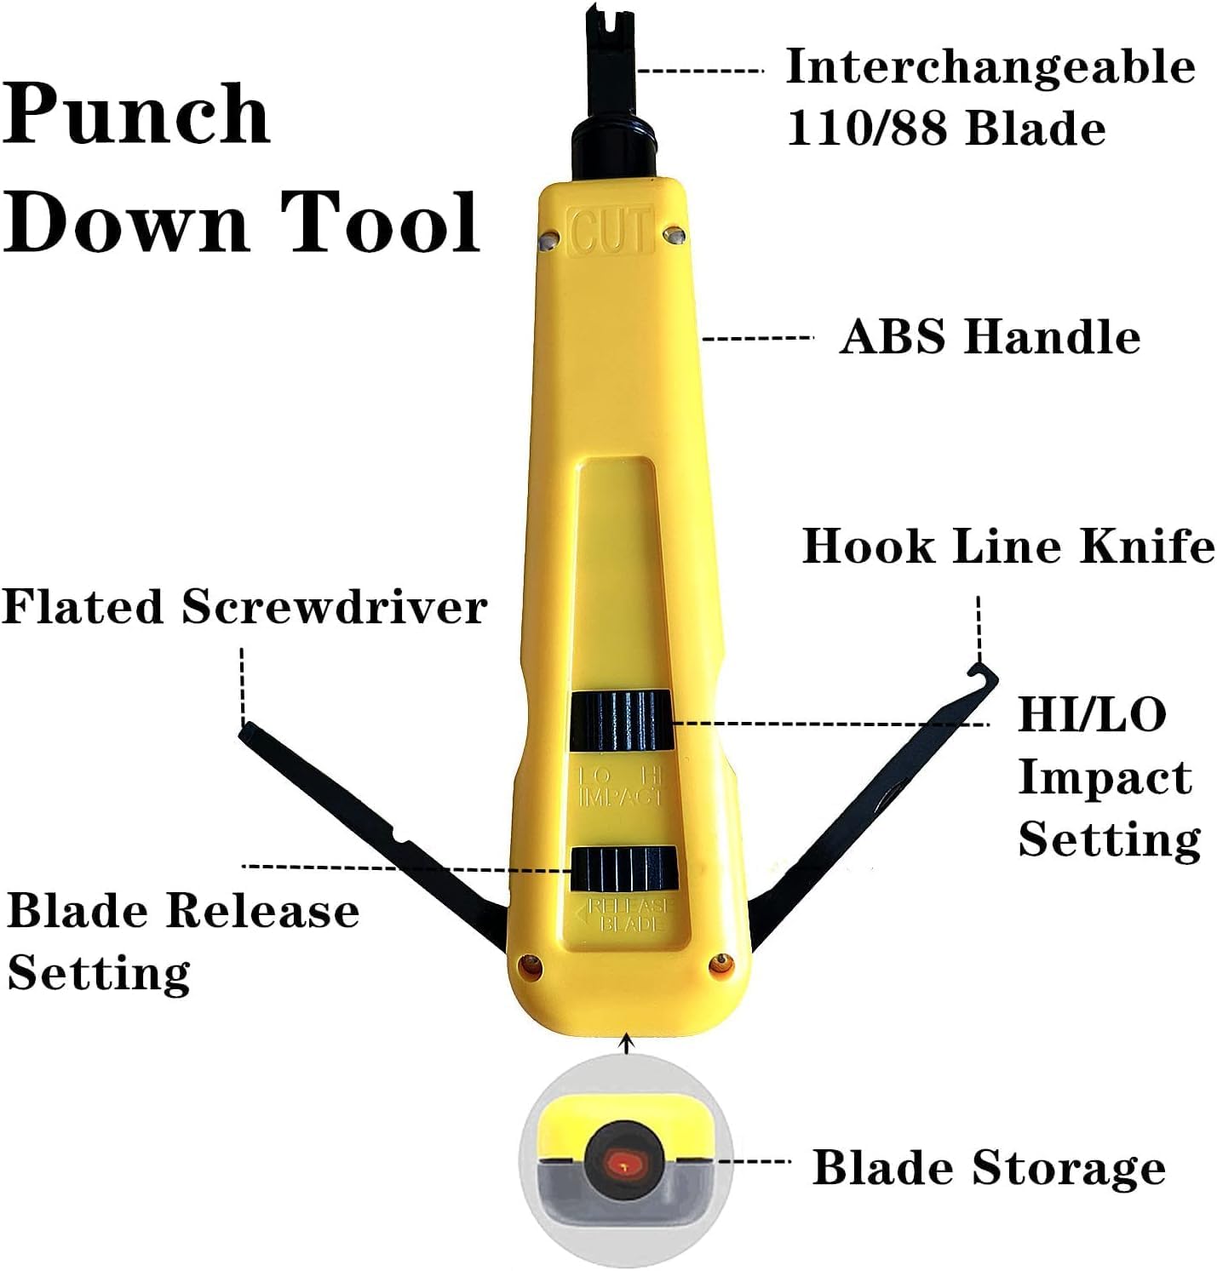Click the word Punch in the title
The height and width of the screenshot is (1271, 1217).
pyautogui.click(x=136, y=115)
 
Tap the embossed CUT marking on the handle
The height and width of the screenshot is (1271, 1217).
pyautogui.click(x=612, y=230)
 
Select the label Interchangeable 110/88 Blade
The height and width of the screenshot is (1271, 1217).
pyautogui.click(x=988, y=97)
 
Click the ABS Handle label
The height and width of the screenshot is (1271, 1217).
pyautogui.click(x=990, y=337)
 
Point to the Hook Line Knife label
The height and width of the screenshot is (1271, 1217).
pyautogui.click(x=1008, y=546)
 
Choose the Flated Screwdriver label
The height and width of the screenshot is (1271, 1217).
pyautogui.click(x=244, y=607)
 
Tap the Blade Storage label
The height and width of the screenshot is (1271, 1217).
pyautogui.click(x=989, y=1167)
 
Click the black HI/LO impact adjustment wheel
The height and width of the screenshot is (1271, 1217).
pyautogui.click(x=620, y=721)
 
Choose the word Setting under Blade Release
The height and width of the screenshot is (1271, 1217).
pyautogui.click(x=99, y=971)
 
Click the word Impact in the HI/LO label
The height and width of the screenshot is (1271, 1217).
pyautogui.click(x=1105, y=776)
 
